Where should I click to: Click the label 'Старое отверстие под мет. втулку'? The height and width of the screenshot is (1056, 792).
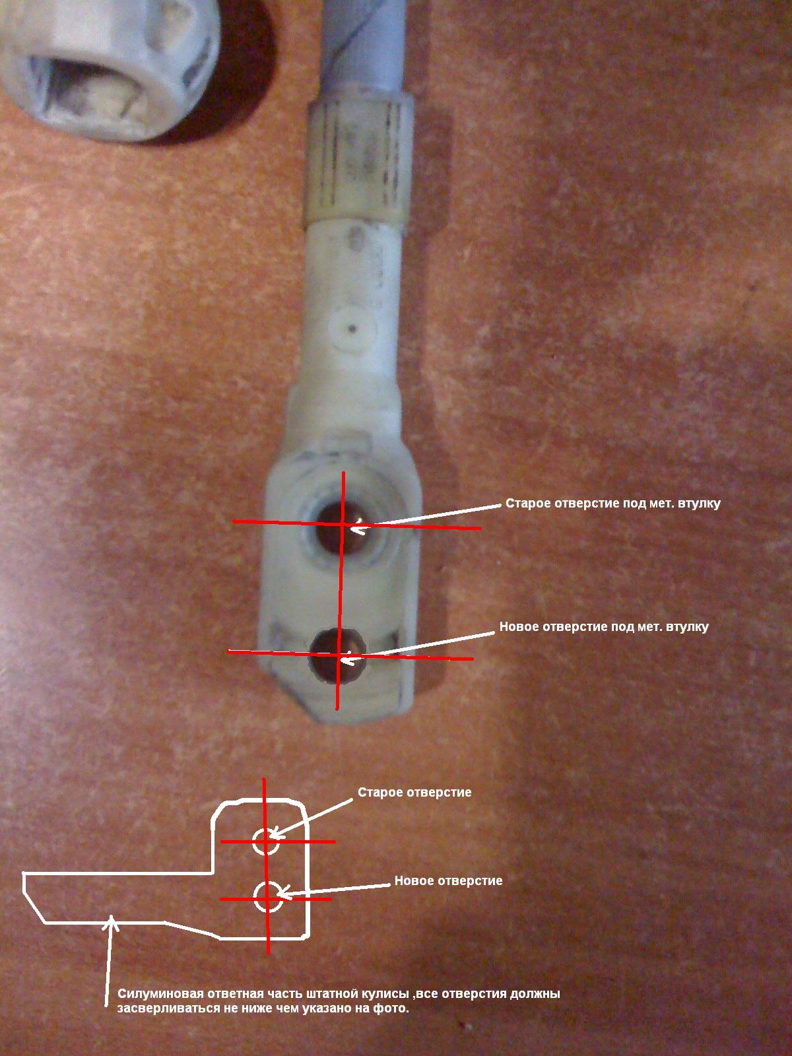coord(612,503)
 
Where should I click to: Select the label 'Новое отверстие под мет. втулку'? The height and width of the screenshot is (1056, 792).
coord(604,626)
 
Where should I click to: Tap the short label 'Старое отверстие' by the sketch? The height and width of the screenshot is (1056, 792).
coord(414,792)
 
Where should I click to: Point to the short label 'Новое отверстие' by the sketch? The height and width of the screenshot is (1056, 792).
coord(448,880)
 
